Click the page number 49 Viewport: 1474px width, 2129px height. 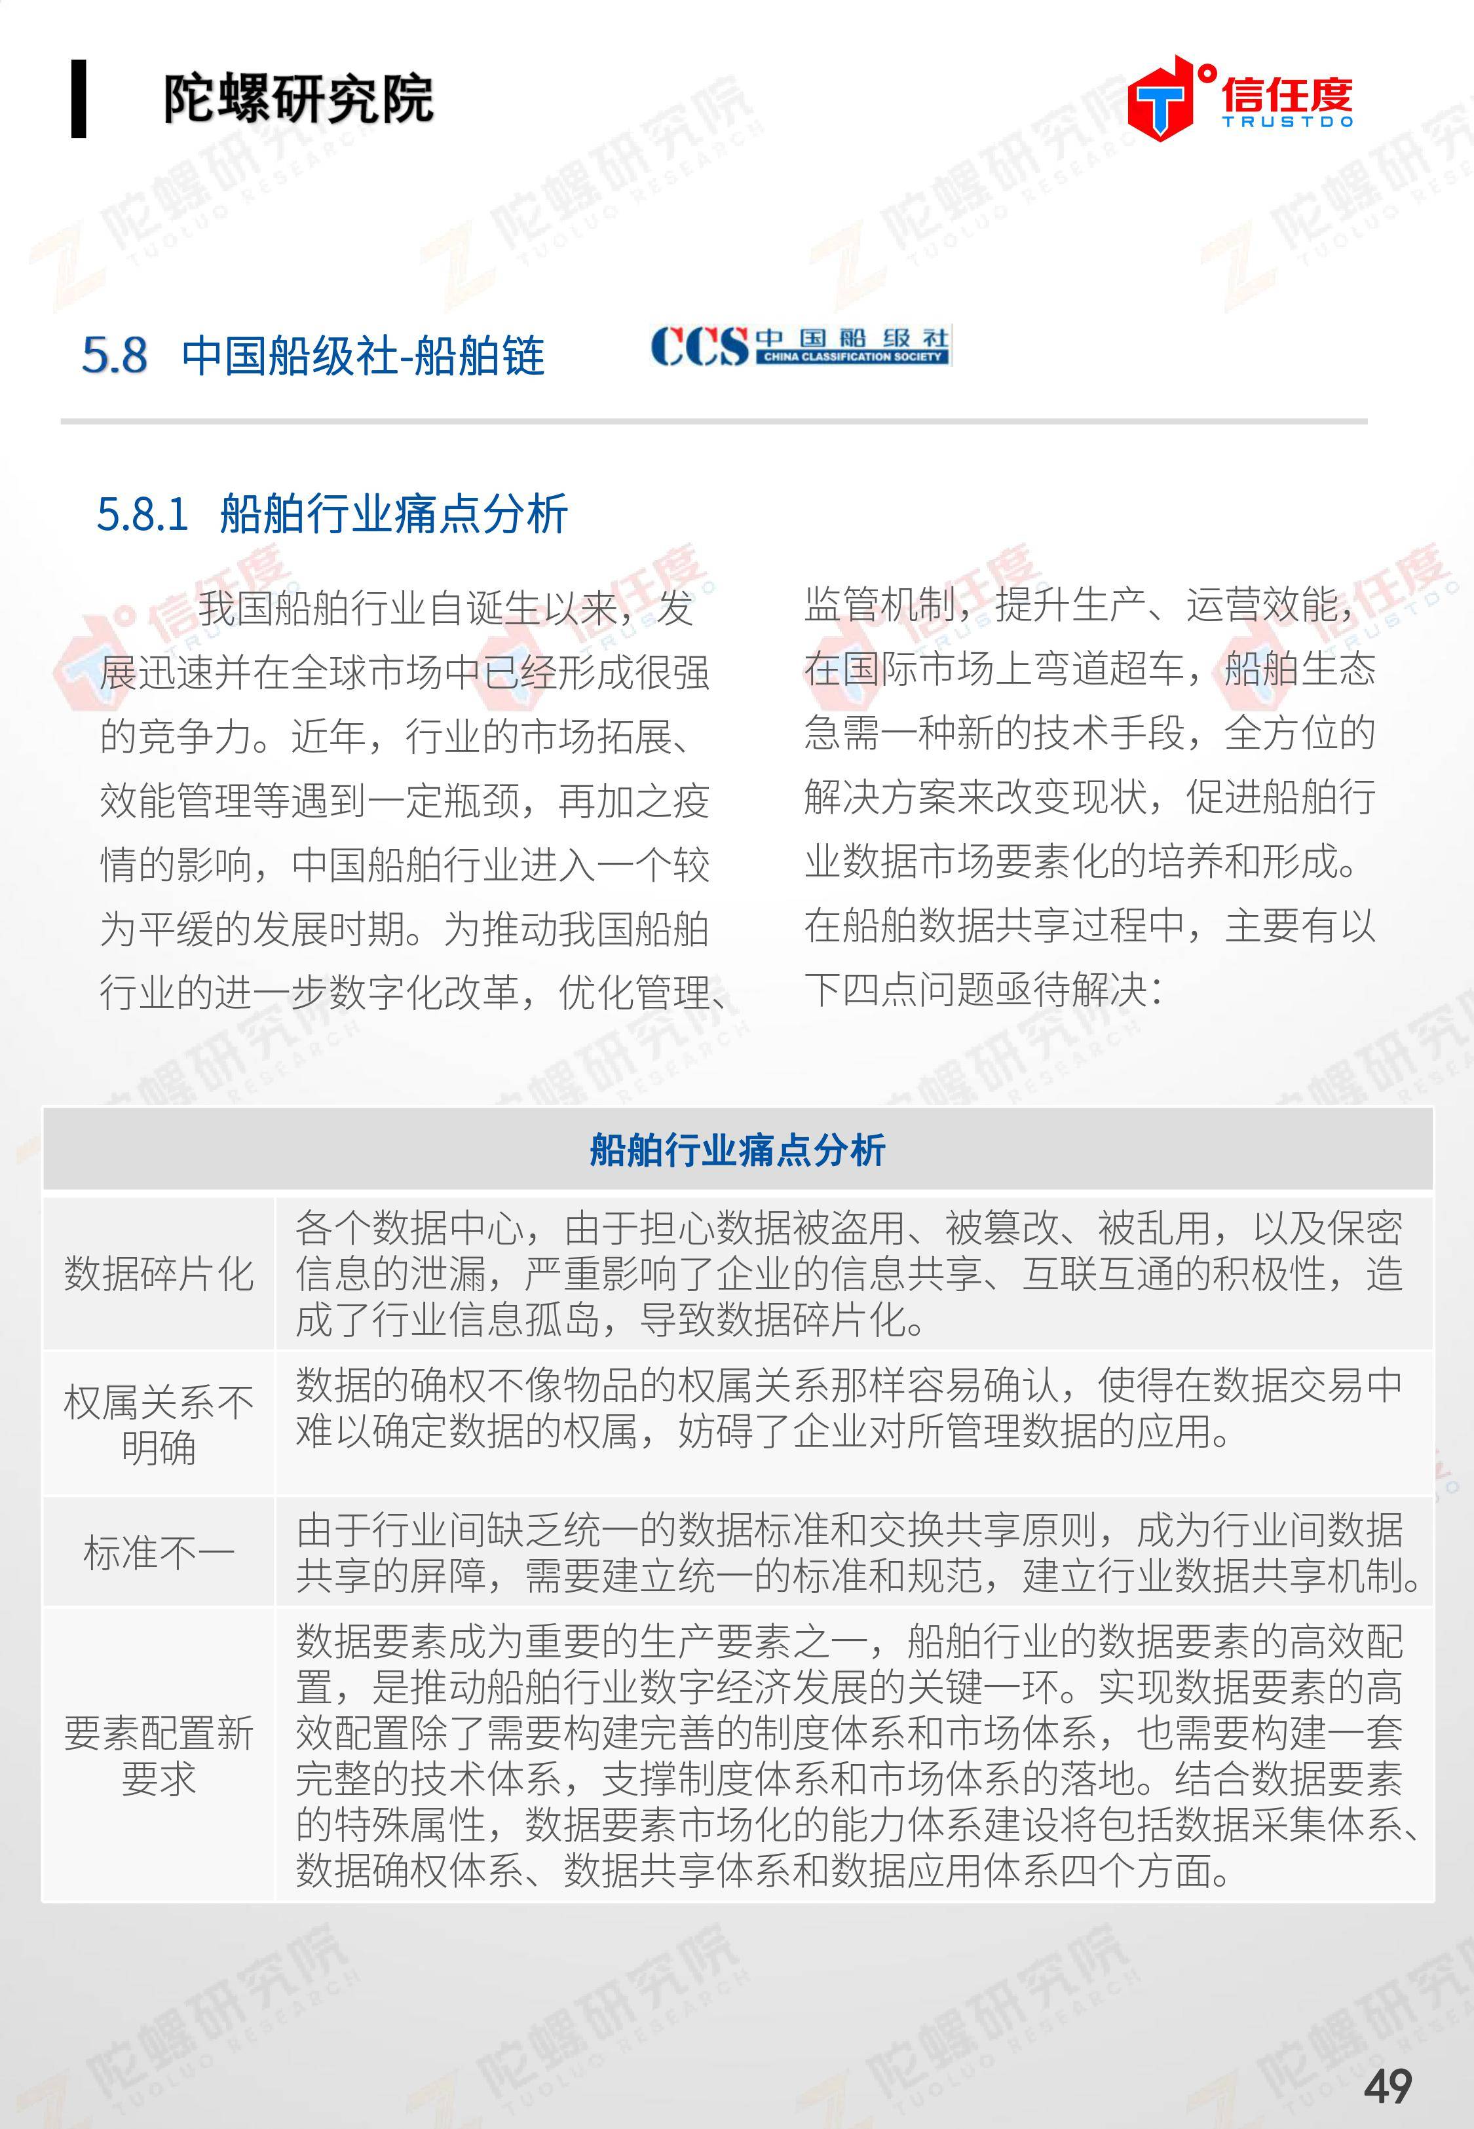pos(1387,2086)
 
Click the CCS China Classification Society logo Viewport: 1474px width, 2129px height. pos(800,347)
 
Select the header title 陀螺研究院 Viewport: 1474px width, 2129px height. pos(297,99)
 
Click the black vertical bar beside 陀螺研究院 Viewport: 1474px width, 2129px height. pos(79,99)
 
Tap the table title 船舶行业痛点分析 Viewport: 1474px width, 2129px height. pos(737,1150)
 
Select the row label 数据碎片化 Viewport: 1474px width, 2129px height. pos(158,1274)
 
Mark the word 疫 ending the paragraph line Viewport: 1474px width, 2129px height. pos(691,801)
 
